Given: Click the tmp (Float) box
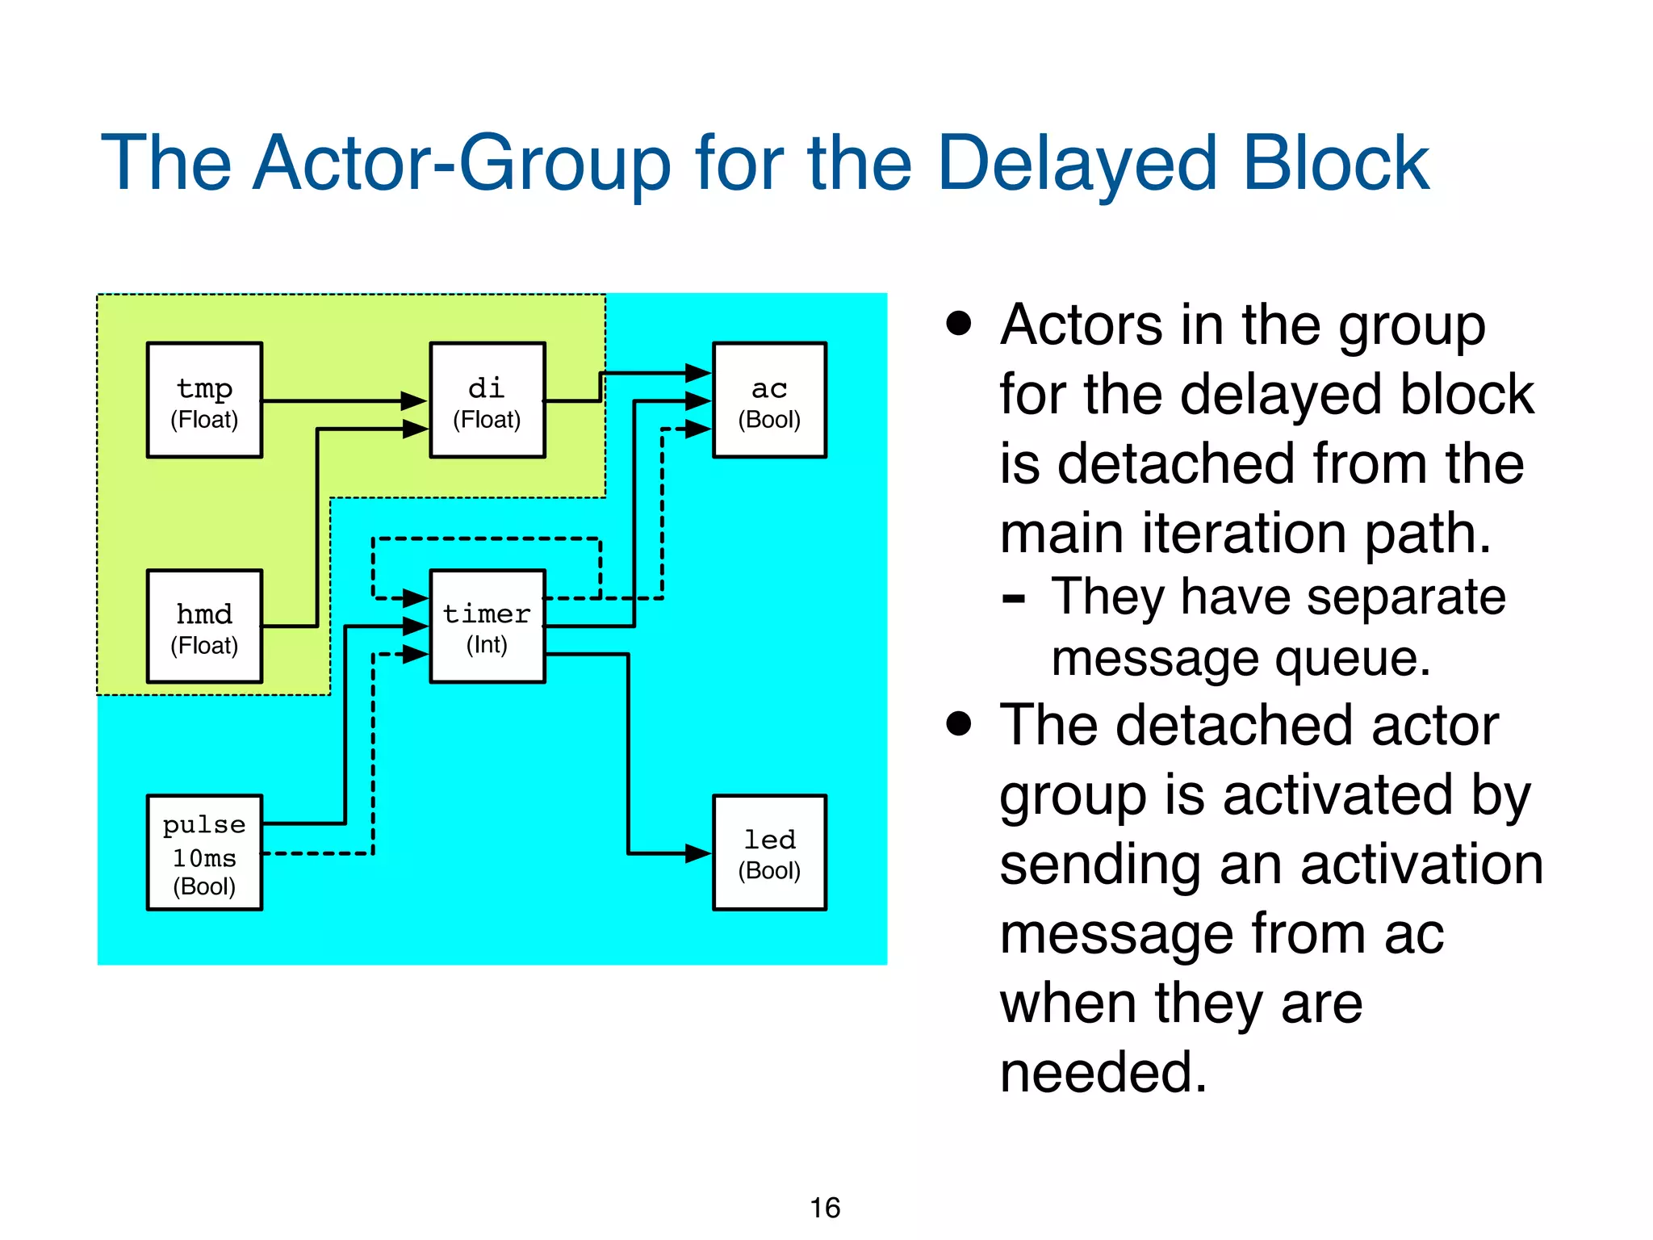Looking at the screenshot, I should coord(204,400).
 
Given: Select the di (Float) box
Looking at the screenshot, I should coord(487,400).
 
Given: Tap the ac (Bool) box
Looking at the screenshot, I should coord(769,400).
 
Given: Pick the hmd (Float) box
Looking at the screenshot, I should coord(204,626).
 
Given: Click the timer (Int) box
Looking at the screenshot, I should coord(487,626).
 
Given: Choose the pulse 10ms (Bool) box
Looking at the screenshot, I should coord(204,852).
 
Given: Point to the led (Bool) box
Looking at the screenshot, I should coord(769,852).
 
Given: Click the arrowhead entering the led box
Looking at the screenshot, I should coord(697,853).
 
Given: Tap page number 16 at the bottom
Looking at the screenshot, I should coord(825,1208).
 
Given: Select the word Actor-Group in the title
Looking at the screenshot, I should coord(461,164).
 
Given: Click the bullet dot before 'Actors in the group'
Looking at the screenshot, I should coord(959,324).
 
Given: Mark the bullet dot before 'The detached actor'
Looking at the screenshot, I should coord(959,723).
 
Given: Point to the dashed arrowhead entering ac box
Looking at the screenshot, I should coord(697,429).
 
